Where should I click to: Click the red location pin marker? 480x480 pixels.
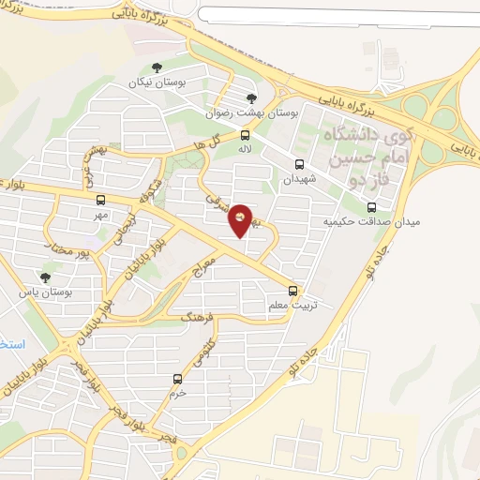pos(240,220)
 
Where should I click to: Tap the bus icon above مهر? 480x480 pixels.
pos(100,199)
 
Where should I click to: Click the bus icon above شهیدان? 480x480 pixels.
pos(299,162)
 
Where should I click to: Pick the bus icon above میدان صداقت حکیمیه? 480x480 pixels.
pos(372,206)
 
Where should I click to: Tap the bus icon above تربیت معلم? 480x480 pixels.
pos(294,290)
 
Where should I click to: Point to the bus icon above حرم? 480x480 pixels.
pos(177,379)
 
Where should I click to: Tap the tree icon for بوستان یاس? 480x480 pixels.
pos(44,277)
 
